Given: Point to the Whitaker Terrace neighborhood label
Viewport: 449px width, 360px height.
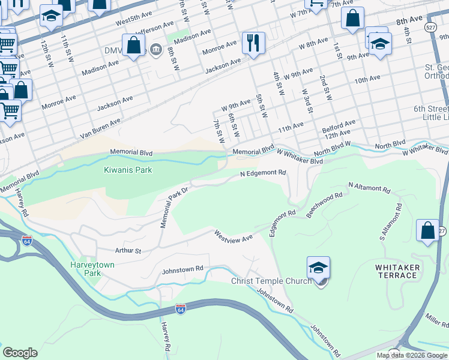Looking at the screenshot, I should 396,271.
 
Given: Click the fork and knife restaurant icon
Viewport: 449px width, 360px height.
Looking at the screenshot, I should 253,43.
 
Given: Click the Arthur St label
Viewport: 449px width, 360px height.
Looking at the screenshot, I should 128,251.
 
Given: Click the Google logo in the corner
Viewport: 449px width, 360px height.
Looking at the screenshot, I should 20,353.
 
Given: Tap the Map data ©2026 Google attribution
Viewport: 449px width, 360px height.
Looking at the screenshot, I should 412,355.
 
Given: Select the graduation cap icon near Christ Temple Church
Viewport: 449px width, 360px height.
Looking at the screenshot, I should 318,268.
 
